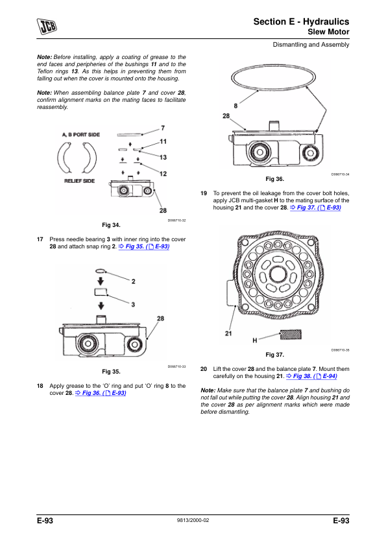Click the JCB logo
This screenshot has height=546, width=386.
pos(47,27)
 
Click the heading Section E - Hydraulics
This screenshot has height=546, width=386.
pos(301,21)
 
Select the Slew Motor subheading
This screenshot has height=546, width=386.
pos(328,32)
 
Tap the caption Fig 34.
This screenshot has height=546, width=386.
pos(111,225)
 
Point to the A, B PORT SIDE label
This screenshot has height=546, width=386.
pos(81,134)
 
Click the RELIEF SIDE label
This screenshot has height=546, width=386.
pos(79,181)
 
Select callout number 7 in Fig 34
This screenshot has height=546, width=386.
pos(163,128)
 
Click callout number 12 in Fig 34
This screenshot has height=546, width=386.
pos(163,173)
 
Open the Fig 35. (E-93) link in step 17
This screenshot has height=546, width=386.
pos(144,246)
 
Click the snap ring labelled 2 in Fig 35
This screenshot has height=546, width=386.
pos(100,270)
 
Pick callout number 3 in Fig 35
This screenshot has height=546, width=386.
pos(133,304)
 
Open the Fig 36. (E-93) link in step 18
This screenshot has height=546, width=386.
pos(101,393)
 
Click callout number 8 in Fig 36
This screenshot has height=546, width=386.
pos(235,106)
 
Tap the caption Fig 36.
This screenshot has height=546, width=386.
pos(275,179)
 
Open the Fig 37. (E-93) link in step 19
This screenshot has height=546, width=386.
pos(316,208)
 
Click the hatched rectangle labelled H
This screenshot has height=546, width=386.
pos(291,335)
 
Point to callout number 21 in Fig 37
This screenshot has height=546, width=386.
pos(228,333)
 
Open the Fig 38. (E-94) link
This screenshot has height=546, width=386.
pos(311,376)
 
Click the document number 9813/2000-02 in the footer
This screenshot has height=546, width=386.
pos(193,520)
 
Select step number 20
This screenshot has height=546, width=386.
pos(204,369)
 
